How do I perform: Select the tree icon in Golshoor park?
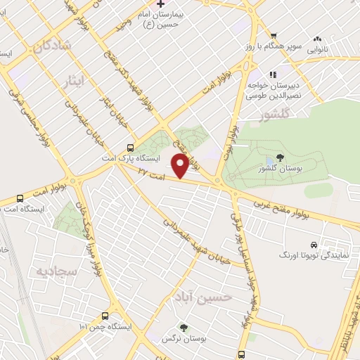(x=281, y=159)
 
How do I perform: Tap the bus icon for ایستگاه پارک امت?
(x=130, y=148)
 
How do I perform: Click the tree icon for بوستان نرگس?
(x=184, y=328)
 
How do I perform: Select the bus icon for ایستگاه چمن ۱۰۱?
(x=105, y=316)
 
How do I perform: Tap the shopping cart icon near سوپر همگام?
(x=274, y=37)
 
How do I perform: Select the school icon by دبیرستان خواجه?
(x=274, y=73)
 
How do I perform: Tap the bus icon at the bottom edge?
(x=241, y=354)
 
